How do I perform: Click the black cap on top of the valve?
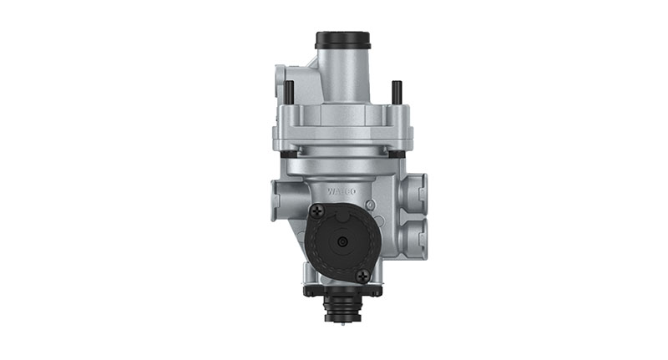click(x=342, y=40)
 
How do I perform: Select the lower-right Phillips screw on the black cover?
click(x=362, y=274)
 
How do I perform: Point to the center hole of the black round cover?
click(x=342, y=241)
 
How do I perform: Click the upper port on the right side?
click(x=415, y=192)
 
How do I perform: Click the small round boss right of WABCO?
click(x=377, y=194)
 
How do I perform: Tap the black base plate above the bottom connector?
click(x=342, y=290)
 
